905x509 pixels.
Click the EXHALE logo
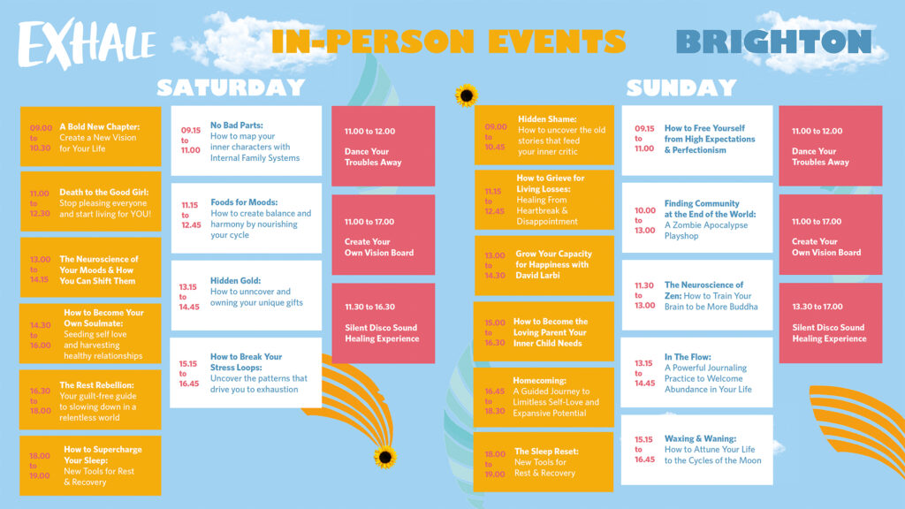(x=87, y=44)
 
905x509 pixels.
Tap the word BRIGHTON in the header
(x=773, y=42)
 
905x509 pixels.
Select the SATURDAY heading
(x=231, y=87)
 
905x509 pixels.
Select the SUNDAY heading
(x=681, y=87)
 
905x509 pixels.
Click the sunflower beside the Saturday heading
(x=466, y=95)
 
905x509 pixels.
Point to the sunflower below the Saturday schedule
(x=385, y=457)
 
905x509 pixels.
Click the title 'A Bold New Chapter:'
(x=99, y=127)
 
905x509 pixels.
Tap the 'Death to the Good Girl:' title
(x=104, y=192)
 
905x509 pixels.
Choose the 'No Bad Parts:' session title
(x=237, y=125)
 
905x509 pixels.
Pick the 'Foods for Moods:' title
(x=244, y=202)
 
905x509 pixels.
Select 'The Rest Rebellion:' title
(x=96, y=385)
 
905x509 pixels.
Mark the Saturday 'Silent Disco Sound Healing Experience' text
(x=382, y=333)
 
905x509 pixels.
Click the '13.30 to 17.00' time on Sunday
(x=818, y=307)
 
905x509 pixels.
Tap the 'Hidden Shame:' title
(x=547, y=119)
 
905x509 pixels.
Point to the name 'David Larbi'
(x=537, y=276)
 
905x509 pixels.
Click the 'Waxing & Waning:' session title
(x=700, y=438)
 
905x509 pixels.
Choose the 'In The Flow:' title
(x=688, y=357)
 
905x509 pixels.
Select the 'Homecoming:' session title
(x=540, y=381)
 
